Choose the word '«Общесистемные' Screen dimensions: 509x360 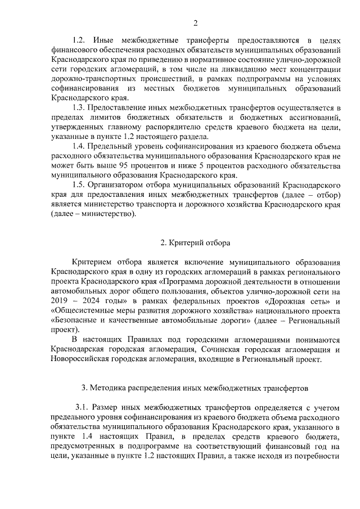(82, 310)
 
